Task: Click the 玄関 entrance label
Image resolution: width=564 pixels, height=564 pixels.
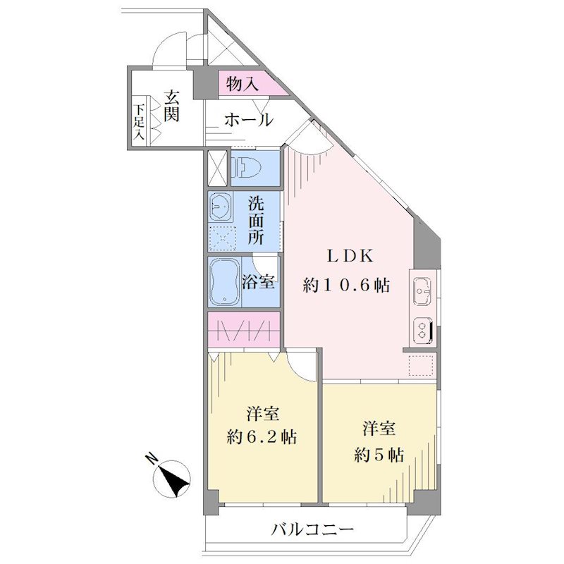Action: (171, 106)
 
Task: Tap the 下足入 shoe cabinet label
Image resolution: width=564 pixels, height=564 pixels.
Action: (140, 122)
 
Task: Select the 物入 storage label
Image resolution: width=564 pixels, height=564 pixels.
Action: (242, 85)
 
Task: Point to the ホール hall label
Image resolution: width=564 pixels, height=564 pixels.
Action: (249, 120)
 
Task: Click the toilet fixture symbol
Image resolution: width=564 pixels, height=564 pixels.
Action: (245, 168)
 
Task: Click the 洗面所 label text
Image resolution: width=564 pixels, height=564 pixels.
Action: (256, 221)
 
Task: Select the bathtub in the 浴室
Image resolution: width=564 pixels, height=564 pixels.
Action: (224, 281)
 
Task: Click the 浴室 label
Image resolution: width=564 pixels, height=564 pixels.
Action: (258, 282)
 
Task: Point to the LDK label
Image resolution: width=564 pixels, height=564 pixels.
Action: (350, 256)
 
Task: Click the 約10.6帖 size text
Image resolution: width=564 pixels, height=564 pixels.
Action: (346, 286)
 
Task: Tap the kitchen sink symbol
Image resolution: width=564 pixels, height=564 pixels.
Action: (422, 292)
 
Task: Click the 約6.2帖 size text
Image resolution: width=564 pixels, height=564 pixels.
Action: (262, 437)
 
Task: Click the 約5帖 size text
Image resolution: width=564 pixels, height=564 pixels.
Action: (379, 455)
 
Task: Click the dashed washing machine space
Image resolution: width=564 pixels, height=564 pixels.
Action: (222, 238)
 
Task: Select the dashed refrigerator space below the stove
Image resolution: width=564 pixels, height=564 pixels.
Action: (421, 365)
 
